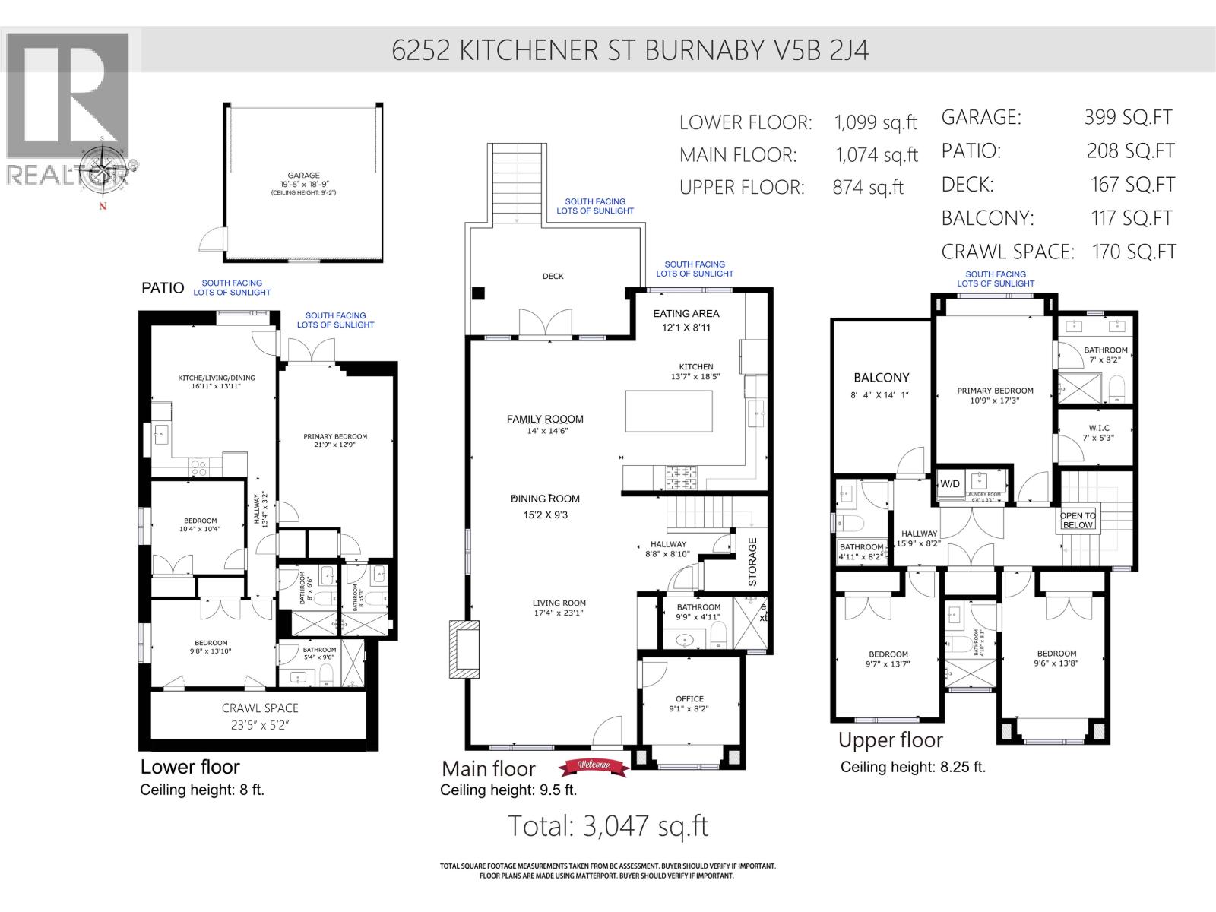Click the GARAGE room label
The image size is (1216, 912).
tap(303, 176)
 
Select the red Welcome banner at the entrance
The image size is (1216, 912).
tap(594, 765)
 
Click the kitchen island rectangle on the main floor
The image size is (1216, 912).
tap(669, 410)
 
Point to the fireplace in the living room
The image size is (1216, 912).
tap(464, 649)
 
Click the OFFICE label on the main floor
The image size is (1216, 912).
tap(689, 698)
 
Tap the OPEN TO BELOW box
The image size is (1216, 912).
tap(1078, 520)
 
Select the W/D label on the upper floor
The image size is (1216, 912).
tap(950, 483)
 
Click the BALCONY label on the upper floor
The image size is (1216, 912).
tap(881, 378)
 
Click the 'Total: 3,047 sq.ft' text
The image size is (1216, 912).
tap(607, 825)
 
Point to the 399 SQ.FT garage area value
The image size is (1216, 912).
tap(1128, 117)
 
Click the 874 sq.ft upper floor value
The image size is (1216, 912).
tap(867, 188)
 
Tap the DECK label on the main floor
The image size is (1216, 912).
tap(553, 276)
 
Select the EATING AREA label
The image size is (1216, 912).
tap(686, 313)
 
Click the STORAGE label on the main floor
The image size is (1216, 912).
tap(752, 562)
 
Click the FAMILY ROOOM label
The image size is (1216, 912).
tap(545, 419)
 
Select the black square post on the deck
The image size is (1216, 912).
tap(478, 293)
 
